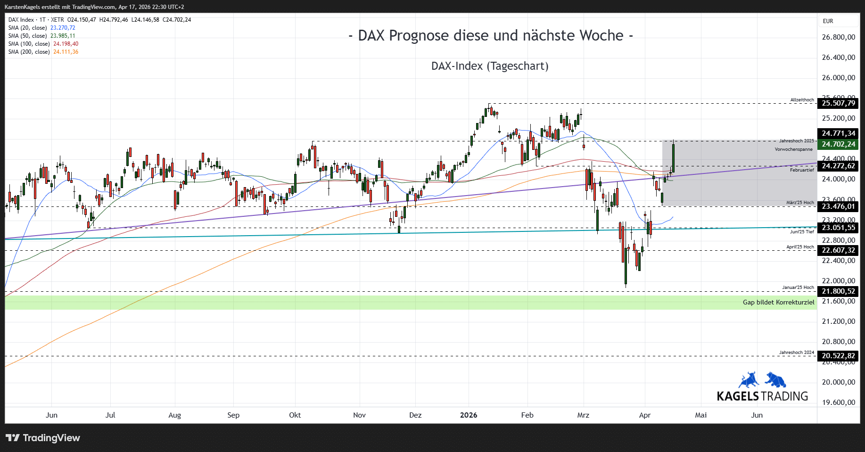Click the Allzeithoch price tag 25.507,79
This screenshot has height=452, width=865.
pos(838,103)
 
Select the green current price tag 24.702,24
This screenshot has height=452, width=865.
pos(838,144)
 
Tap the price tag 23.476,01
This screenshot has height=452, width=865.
pos(838,206)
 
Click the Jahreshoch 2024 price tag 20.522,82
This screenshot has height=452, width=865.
pos(838,356)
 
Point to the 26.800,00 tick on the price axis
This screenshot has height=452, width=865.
pos(838,37)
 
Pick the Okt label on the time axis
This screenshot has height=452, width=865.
pos(295,415)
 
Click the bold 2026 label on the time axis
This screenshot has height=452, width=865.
pos(469,415)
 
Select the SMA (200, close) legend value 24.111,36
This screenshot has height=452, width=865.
pos(66,52)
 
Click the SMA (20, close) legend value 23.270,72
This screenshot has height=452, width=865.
pos(63,28)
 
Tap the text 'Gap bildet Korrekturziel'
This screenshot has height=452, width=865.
pos(778,303)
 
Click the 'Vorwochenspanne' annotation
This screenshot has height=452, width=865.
pos(793,149)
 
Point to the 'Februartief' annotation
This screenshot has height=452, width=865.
pos(802,170)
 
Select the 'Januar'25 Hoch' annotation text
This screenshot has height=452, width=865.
pos(798,288)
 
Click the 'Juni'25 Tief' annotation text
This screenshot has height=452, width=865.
pos(802,232)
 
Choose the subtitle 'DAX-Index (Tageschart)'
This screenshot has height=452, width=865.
pos(490,66)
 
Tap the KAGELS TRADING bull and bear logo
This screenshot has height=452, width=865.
pos(762,380)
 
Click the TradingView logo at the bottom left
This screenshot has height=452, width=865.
pos(43,438)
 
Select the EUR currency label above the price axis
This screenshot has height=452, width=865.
pos(828,21)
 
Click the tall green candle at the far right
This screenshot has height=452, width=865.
pos(673,158)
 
